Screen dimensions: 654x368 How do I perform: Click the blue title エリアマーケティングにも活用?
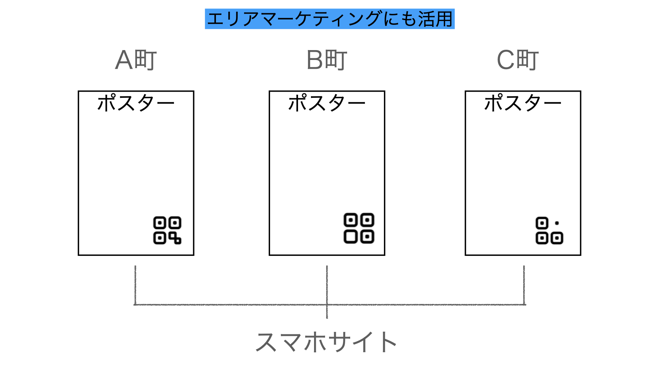point(330,19)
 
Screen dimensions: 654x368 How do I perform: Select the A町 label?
point(136,60)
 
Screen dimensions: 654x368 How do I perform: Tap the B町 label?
point(327,60)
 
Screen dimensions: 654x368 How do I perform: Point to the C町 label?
point(518,60)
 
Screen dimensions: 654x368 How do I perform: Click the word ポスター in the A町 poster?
point(136,103)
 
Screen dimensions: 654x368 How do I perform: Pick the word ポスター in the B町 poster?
point(327,103)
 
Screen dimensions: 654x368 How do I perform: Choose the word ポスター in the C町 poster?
point(523,103)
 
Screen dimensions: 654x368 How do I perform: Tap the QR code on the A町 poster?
point(167,230)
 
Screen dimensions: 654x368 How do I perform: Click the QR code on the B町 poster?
point(359,228)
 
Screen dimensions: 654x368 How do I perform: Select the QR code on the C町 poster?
point(549,231)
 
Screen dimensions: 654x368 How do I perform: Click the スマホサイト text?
point(326,342)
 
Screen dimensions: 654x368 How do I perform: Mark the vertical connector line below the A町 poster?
point(135,285)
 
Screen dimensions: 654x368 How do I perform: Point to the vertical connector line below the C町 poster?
point(524,285)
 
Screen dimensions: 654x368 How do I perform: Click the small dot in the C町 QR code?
point(557,223)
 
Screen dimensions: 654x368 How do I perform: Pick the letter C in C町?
point(506,60)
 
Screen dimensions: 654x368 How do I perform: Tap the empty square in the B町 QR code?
point(351,236)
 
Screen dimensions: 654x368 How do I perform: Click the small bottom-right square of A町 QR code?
point(177,241)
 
